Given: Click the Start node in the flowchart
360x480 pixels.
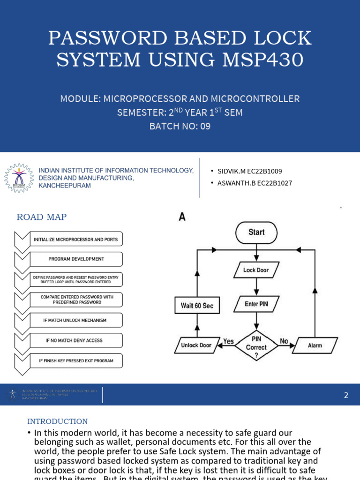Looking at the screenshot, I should coord(256,232).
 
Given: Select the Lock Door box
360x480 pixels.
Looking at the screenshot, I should coord(256,270).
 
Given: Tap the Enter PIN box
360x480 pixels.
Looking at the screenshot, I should coord(256,304).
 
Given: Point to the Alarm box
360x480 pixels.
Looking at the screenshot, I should coord(315,345).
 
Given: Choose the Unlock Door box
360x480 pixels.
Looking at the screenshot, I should coord(196,345).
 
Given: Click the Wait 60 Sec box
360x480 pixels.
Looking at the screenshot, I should coord(197,306).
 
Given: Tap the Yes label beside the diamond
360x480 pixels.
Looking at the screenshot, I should coord(228,342).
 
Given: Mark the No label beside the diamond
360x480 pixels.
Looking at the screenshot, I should coord(284,342).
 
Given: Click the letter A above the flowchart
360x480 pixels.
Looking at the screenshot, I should coord(182,217).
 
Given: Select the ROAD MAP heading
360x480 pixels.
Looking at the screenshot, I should coord(42,217).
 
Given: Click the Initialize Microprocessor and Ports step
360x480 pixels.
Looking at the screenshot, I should coord(75,240).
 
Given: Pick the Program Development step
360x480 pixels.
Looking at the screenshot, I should coord(76,259).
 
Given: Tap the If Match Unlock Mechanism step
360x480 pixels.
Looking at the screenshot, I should coord(75,320).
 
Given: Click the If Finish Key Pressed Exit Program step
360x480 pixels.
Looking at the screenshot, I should coord(75,361).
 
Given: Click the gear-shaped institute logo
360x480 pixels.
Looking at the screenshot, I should coord(19,179).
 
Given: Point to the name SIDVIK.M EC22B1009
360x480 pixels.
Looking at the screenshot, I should coord(249,172).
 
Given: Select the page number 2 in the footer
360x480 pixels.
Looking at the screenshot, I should coord(346,395).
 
